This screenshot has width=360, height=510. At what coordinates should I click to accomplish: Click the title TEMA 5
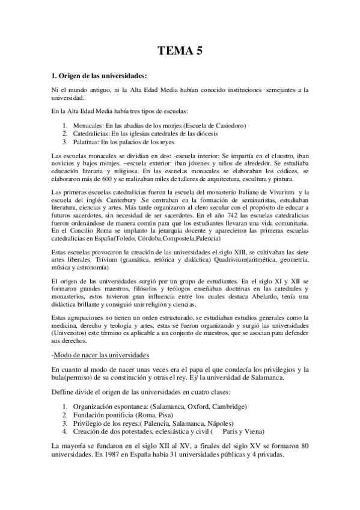tap(180, 51)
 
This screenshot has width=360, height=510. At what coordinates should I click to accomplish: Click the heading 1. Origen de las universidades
tap(99, 75)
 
